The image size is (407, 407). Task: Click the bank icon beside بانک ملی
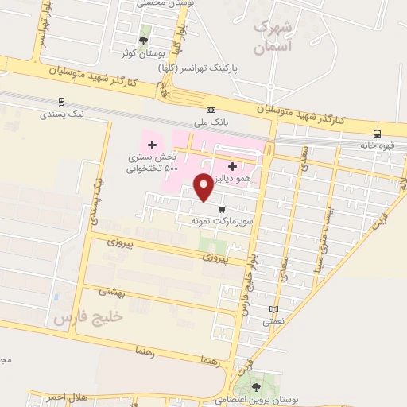(x=211, y=109)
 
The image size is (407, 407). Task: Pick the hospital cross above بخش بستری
(x=152, y=145)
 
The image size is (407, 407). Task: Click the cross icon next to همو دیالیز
(x=232, y=167)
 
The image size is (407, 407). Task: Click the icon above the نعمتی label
(x=273, y=309)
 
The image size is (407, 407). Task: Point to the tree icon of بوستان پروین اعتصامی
(x=256, y=387)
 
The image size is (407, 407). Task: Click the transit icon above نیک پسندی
(x=61, y=102)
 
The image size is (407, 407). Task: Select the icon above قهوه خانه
(x=377, y=134)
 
